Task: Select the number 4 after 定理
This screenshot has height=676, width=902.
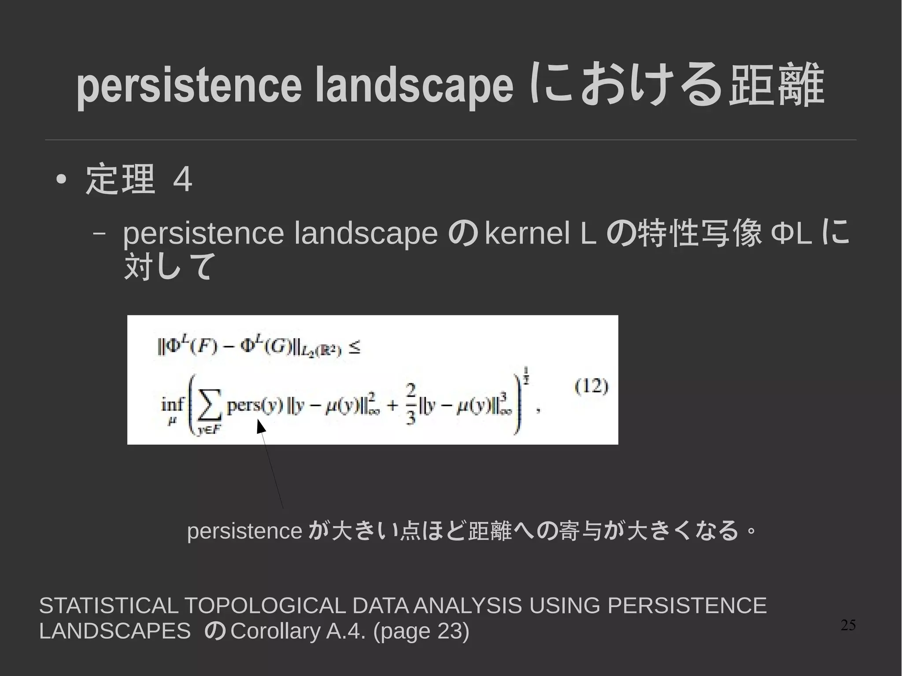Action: click(x=183, y=180)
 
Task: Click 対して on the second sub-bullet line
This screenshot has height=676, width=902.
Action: click(x=170, y=266)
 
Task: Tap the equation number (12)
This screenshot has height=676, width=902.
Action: click(x=591, y=387)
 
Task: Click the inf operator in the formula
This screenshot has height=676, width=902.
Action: click(x=173, y=404)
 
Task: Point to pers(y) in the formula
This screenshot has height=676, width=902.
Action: click(x=254, y=406)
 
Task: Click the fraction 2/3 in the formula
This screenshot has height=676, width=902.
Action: click(x=410, y=404)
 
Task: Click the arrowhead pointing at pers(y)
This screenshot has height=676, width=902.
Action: click(x=261, y=426)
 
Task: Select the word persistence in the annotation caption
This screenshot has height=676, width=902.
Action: click(x=244, y=531)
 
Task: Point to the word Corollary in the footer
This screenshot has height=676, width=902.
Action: click(x=276, y=631)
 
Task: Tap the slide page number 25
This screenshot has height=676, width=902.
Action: click(x=848, y=625)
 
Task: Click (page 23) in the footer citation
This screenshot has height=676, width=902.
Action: click(x=421, y=631)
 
